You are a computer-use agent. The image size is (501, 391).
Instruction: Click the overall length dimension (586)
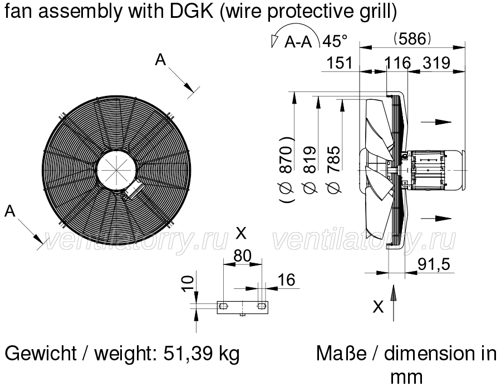(x=412, y=38)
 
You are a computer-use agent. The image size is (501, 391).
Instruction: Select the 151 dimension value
(x=340, y=63)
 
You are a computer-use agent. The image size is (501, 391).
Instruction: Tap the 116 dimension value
(x=397, y=63)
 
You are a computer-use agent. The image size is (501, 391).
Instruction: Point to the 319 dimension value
(x=436, y=63)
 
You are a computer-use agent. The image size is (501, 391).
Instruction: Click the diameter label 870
(x=286, y=170)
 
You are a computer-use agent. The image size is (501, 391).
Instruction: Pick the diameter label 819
(x=310, y=170)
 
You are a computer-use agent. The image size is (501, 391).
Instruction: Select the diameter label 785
(x=333, y=170)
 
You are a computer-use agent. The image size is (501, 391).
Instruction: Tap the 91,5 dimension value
(x=434, y=264)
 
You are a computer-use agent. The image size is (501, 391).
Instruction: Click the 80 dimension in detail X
(x=243, y=255)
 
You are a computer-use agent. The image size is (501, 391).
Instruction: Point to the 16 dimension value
(x=287, y=280)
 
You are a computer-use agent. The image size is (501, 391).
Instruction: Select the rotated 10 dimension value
(x=188, y=284)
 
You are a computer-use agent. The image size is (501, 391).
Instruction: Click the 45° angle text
(x=335, y=41)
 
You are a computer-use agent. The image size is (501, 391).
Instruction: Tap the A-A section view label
(x=298, y=42)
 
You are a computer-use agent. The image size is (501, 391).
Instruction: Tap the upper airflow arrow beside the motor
(x=436, y=122)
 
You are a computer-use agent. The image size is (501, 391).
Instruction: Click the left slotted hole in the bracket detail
(x=223, y=307)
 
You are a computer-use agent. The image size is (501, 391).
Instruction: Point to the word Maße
(x=341, y=354)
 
